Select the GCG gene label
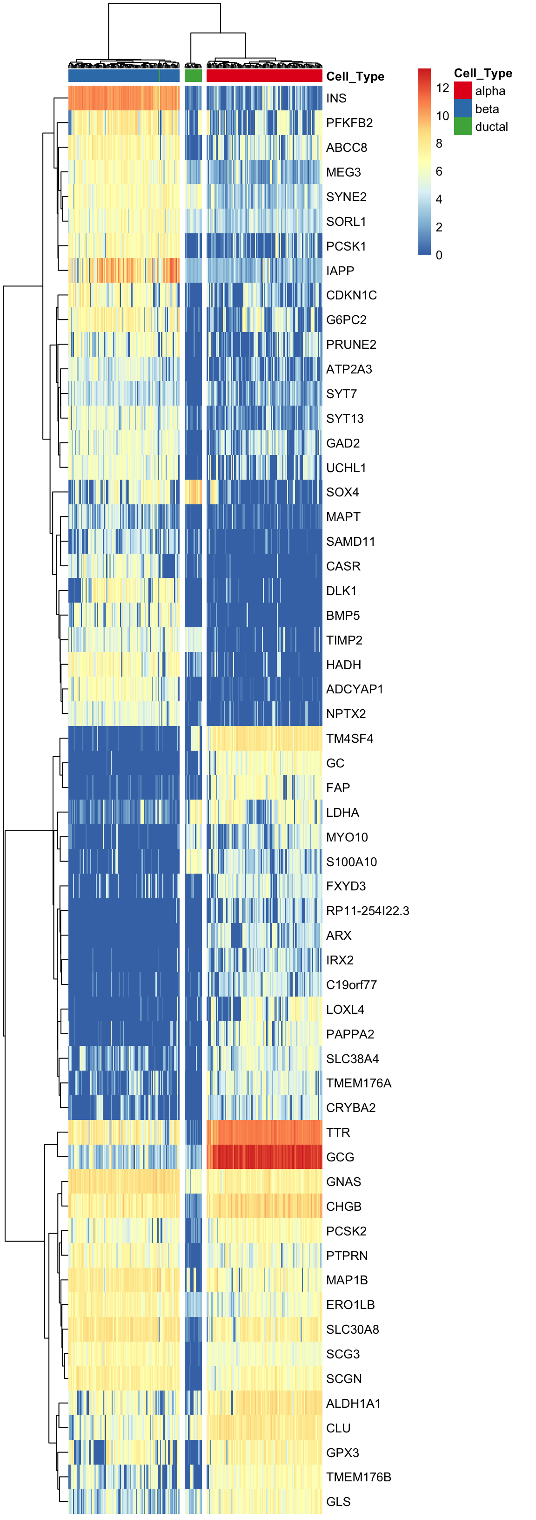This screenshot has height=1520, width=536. tap(340, 1157)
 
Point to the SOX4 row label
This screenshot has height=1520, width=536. tap(342, 492)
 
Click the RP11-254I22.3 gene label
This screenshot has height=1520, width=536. tap(368, 910)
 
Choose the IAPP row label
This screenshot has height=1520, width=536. tap(340, 271)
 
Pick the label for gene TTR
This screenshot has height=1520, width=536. tap(338, 1133)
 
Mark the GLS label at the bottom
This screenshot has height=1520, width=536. tap(338, 1502)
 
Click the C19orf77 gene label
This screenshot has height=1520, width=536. tap(351, 985)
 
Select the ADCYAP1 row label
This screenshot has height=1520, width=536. tap(355, 689)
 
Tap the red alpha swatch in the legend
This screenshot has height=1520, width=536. tap(463, 91)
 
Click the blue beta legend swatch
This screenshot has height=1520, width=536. tap(463, 109)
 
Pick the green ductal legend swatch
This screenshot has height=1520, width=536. tap(463, 127)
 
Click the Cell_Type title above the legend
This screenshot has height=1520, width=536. tap(483, 73)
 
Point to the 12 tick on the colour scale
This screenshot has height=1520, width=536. tap(442, 88)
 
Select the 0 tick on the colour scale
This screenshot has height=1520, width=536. tap(439, 255)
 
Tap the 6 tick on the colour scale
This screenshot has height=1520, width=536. tap(439, 171)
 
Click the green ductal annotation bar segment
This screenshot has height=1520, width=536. tap(193, 76)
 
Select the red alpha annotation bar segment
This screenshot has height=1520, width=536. tap(264, 76)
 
